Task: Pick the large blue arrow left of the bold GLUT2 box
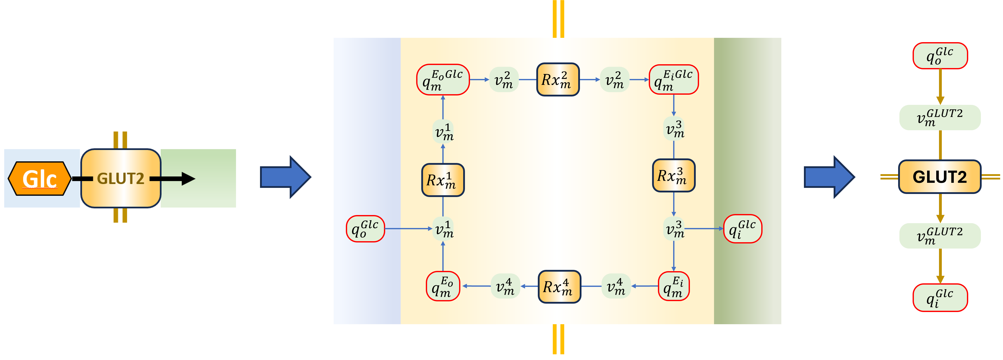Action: (x=829, y=177)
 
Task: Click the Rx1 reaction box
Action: (x=443, y=180)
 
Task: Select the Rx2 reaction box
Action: (x=558, y=79)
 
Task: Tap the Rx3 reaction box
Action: (x=673, y=175)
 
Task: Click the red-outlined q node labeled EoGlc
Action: (x=443, y=79)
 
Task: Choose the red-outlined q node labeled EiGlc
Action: (x=673, y=79)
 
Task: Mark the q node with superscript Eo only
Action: (x=443, y=286)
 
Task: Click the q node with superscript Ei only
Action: (x=673, y=286)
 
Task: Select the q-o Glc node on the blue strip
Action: (x=365, y=229)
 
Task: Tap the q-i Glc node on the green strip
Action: (x=742, y=229)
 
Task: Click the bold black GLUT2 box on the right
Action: (x=940, y=177)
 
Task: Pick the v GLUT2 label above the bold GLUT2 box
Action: (x=940, y=117)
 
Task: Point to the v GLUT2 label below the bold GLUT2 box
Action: (x=940, y=235)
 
